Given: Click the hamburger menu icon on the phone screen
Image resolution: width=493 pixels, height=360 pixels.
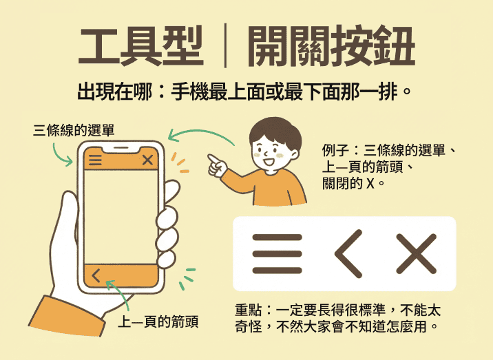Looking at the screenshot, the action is [x=95, y=160].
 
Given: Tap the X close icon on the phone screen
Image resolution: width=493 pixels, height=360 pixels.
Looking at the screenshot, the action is [x=147, y=160].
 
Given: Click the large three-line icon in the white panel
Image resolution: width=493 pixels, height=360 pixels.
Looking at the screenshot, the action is [x=277, y=254].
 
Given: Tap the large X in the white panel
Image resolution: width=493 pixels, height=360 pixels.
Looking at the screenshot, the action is [x=417, y=254].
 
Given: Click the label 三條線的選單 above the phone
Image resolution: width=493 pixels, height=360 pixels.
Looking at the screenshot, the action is [x=74, y=130].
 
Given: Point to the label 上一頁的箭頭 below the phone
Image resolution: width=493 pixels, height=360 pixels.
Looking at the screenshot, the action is [x=158, y=321].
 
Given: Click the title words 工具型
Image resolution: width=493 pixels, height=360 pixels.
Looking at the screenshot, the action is [x=141, y=47].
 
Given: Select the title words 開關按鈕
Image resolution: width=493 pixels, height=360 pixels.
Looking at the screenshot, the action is [x=331, y=47].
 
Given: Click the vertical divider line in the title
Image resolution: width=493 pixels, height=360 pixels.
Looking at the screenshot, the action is [x=225, y=45].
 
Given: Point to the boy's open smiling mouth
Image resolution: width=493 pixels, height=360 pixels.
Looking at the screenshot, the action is [x=269, y=162].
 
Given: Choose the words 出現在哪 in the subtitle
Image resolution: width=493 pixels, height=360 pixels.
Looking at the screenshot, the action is [x=115, y=92].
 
